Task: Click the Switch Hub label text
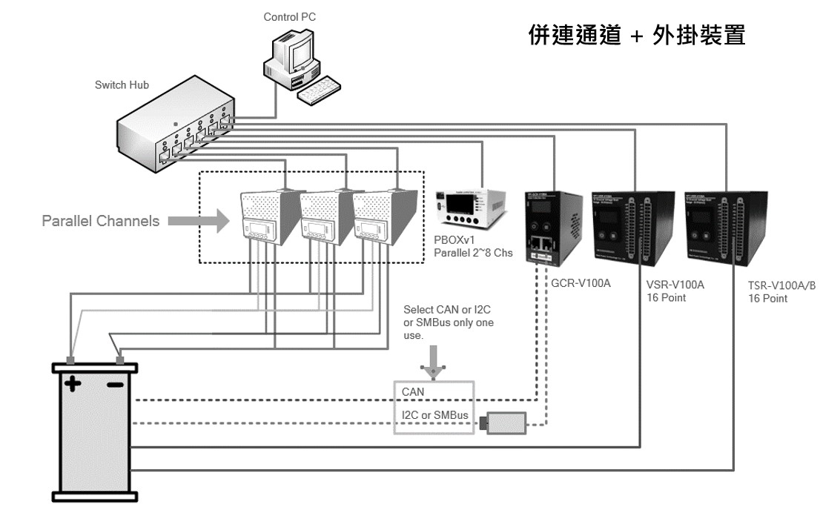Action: point(122,85)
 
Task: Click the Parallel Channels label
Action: point(100,221)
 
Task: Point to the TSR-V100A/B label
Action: point(781,285)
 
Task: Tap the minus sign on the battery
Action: point(115,385)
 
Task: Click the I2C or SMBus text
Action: point(434,415)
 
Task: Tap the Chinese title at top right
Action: point(636,35)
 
